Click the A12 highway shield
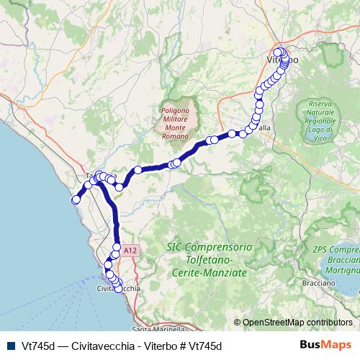pos(130,249)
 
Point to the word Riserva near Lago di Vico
pos(320,105)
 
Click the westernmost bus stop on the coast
pos(75,200)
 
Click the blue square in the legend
pos(9,346)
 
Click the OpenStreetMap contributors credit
pos(297,322)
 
